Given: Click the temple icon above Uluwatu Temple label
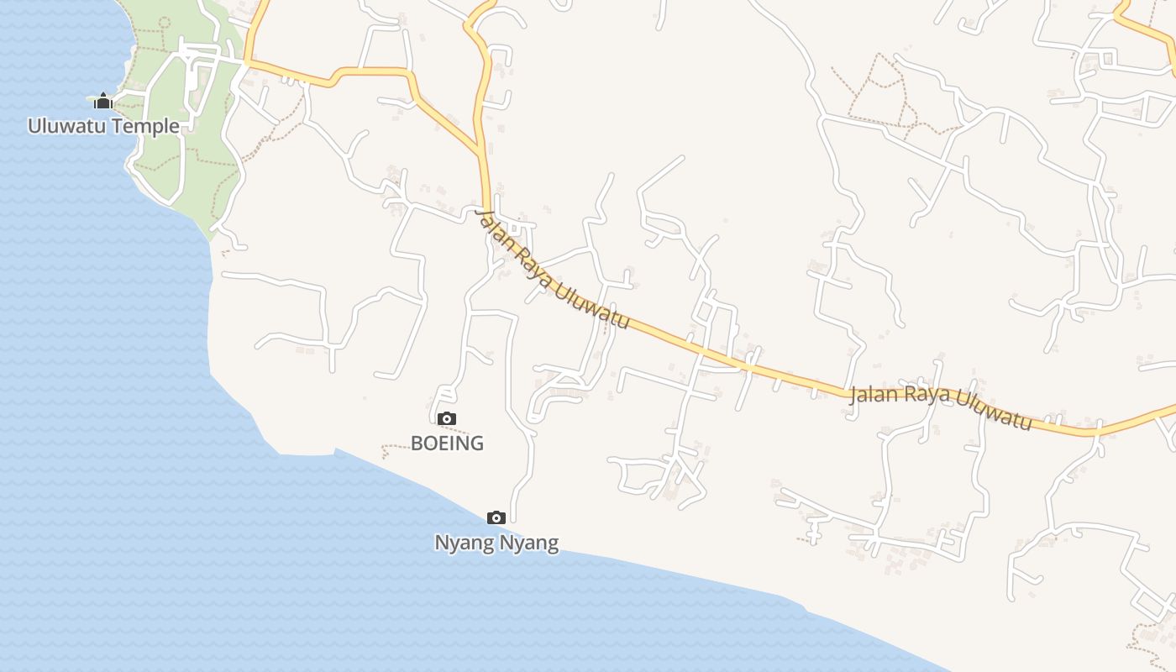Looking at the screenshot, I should coord(103,102).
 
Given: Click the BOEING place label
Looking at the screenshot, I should coord(447,443).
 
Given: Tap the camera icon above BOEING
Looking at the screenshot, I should coord(447,418).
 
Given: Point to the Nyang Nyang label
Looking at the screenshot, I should coord(496,543).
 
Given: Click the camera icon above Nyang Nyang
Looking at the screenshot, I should coord(496,517).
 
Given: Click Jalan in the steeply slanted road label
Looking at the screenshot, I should coord(491,226).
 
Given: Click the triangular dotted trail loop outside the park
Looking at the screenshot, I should coord(878,88).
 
